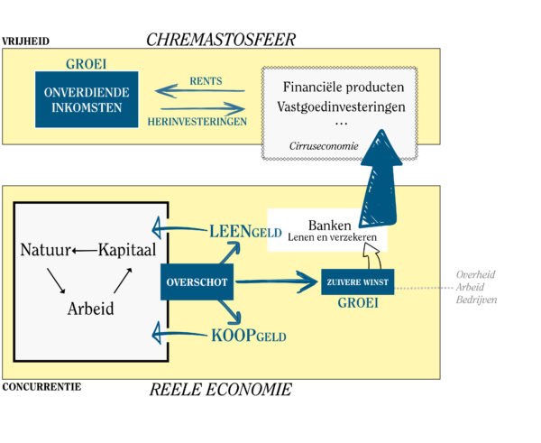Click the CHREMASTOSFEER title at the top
pos(221,39)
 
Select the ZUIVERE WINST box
pos(358,281)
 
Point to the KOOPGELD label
pos(248,337)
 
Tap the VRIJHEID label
pos(25,42)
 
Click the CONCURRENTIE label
pos(41,388)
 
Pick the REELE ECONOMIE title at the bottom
pos(221,390)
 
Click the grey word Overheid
pos(476,274)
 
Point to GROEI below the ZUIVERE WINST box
pos(357,303)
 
